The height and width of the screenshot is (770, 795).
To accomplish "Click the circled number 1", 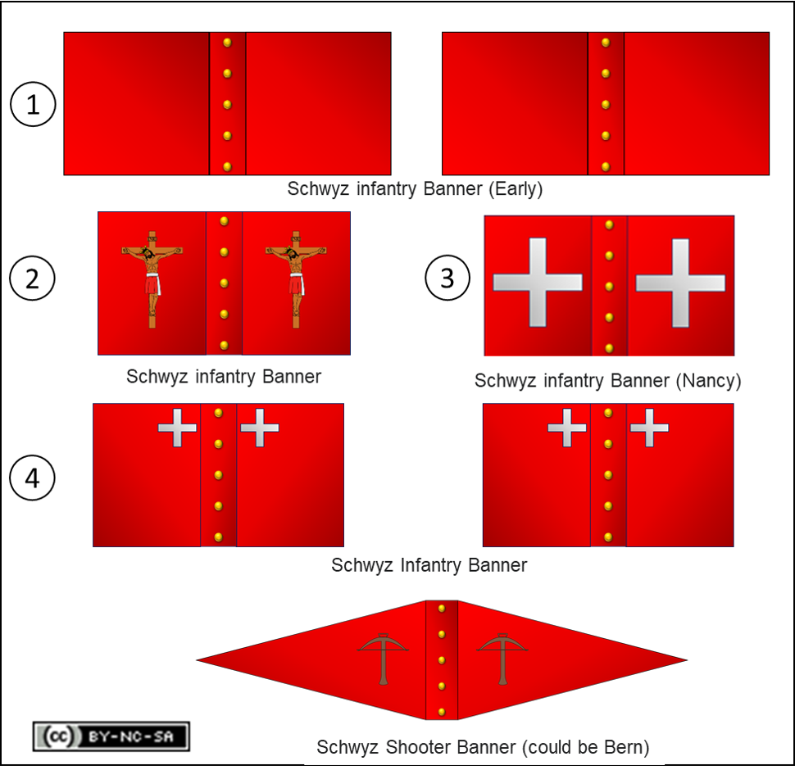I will pyautogui.click(x=33, y=105).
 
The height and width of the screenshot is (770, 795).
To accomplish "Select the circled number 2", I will pyautogui.click(x=33, y=279).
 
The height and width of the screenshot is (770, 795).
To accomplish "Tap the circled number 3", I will pyautogui.click(x=447, y=279).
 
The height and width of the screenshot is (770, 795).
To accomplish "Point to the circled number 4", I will pyautogui.click(x=33, y=478).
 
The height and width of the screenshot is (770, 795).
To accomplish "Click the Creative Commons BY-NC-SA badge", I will pyautogui.click(x=111, y=736).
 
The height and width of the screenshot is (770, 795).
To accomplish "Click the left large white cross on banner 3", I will pyautogui.click(x=538, y=283).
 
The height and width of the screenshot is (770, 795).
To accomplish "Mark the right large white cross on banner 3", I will pyautogui.click(x=680, y=283).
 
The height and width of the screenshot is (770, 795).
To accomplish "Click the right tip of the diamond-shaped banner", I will pyautogui.click(x=684, y=659).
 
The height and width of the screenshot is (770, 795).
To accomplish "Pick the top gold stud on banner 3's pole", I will pyautogui.click(x=609, y=224).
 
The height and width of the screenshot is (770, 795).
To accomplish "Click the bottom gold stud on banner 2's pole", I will pyautogui.click(x=224, y=345).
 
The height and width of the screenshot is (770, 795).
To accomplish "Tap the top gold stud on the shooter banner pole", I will pyautogui.click(x=442, y=609).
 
